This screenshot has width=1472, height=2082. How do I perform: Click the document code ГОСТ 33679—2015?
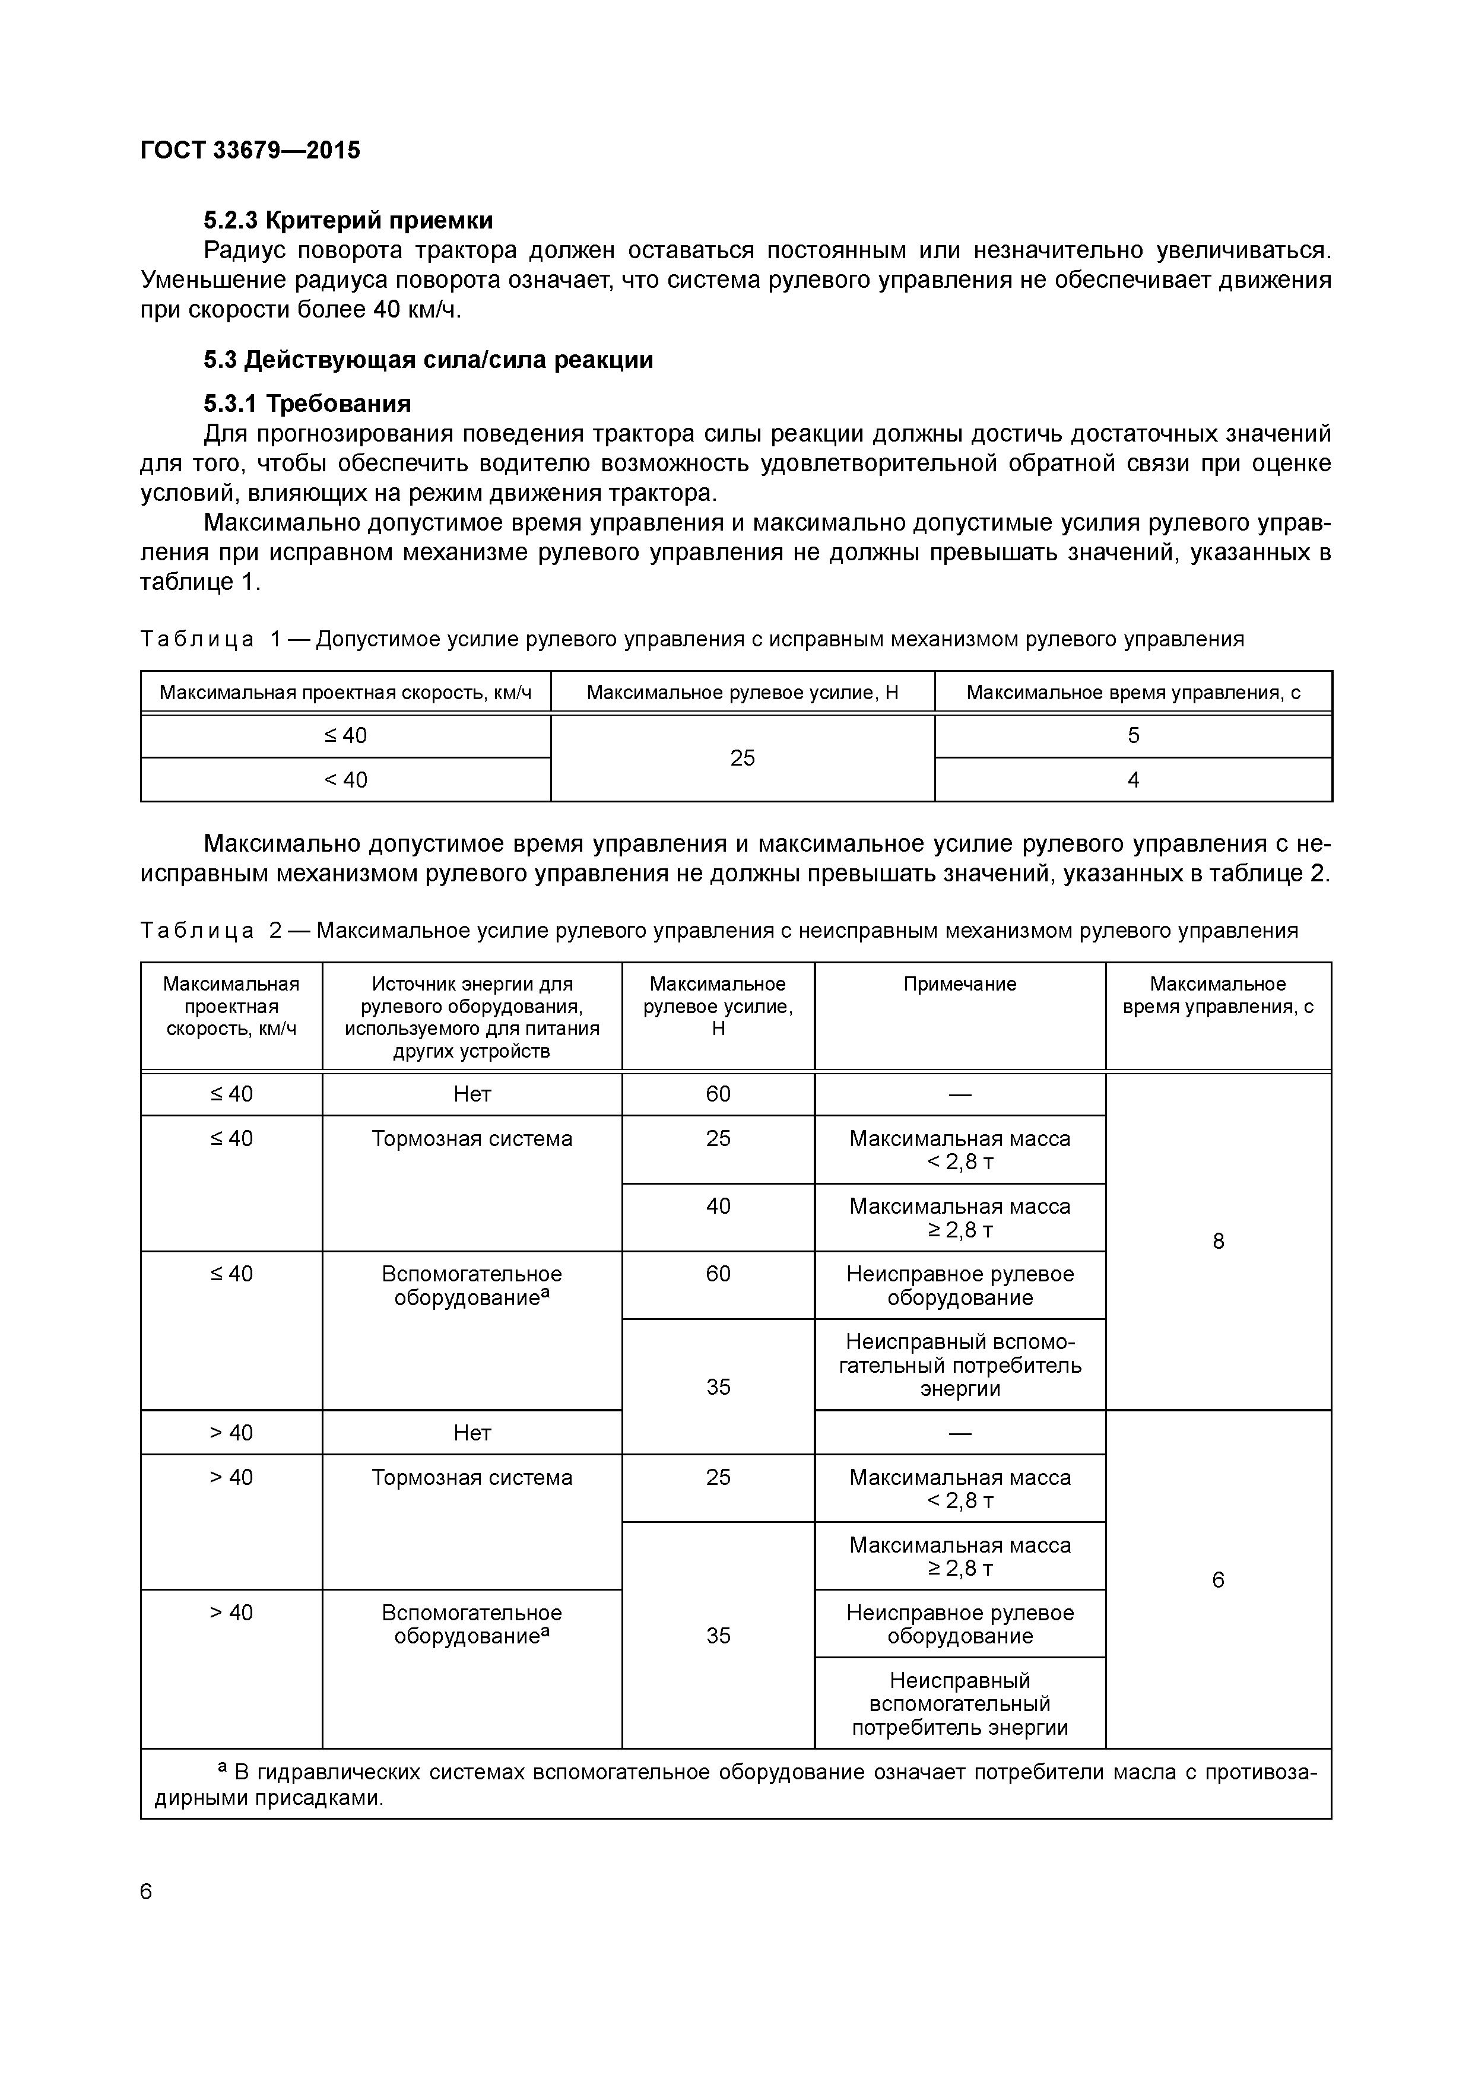250,150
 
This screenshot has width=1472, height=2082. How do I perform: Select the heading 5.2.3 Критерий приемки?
348,220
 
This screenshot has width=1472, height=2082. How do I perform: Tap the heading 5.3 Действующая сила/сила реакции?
428,360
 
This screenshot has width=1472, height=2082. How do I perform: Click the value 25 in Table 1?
742,758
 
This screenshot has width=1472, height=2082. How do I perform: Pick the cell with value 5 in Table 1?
1133,735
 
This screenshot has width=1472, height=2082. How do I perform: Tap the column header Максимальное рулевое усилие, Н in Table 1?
742,693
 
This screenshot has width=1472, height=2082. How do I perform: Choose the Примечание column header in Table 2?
960,984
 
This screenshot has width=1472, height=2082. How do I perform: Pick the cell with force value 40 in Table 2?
718,1206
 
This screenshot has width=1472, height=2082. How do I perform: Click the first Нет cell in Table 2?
472,1094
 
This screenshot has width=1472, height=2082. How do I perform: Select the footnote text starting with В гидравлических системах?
735,1785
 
